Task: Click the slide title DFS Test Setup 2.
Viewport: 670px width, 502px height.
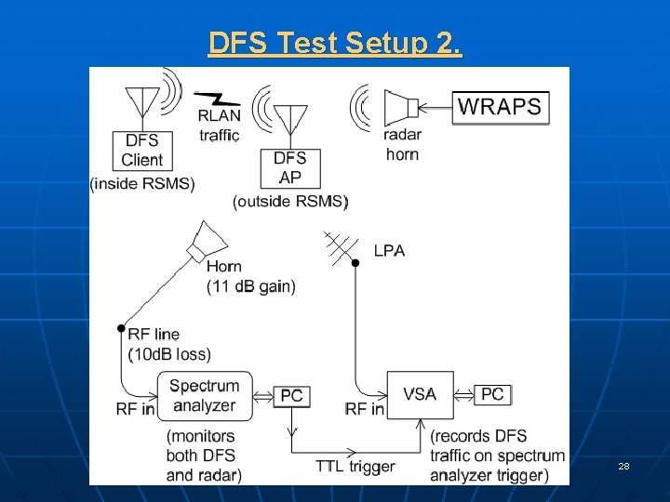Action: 335,43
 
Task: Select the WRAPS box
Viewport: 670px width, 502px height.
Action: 500,106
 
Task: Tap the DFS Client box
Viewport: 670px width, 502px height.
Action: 141,150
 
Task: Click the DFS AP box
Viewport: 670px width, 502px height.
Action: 290,167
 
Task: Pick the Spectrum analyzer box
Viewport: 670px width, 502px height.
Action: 205,395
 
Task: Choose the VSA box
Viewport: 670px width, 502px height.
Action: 420,395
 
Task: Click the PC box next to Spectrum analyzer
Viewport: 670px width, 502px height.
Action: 291,396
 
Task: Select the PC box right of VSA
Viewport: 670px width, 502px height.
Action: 492,394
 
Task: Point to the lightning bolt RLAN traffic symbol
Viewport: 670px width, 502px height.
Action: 217,98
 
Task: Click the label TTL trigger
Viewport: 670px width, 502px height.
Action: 355,466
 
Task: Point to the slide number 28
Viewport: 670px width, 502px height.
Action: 624,466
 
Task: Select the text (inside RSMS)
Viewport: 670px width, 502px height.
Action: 142,184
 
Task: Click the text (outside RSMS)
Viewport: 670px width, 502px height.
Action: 290,202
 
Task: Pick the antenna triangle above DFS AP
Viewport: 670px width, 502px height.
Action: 290,118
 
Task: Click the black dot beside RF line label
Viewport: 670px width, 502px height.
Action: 120,328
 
